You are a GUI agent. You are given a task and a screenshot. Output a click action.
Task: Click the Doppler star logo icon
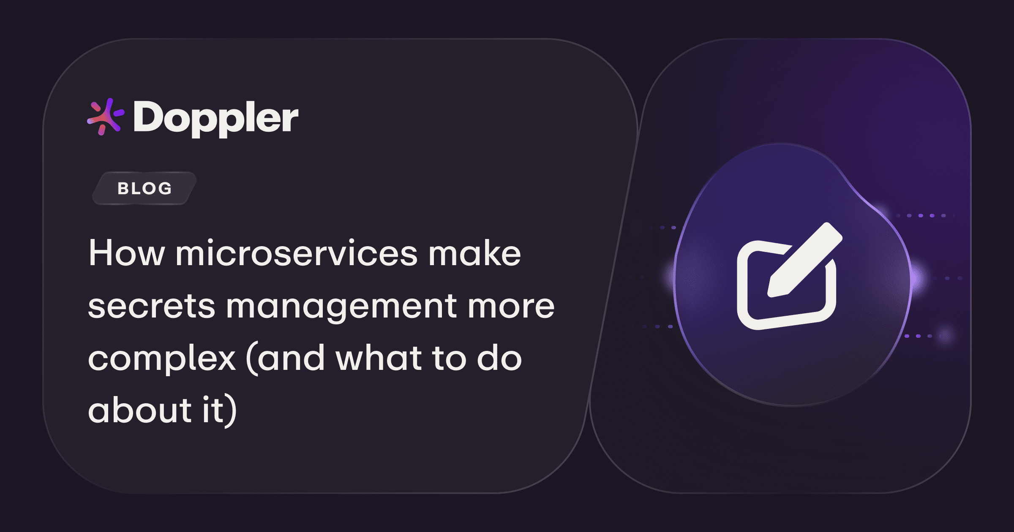coord(105,117)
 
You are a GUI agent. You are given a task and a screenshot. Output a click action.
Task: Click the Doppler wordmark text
coord(216,118)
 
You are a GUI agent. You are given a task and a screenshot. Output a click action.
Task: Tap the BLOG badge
coord(144,188)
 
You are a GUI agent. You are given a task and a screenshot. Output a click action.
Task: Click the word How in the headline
coord(126,253)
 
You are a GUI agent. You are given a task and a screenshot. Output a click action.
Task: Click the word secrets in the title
coord(152,307)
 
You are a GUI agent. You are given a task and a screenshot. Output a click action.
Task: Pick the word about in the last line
coord(140,410)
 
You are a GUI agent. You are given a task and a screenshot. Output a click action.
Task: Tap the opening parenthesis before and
coord(252,359)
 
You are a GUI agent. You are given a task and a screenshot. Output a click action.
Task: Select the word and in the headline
coord(291,358)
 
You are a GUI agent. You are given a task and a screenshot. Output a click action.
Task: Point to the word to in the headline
coord(449,358)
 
